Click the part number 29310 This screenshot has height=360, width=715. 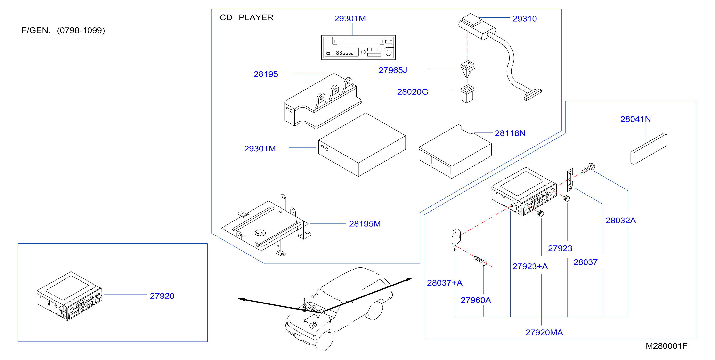click(x=524, y=19)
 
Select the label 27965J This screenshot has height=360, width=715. click(x=393, y=70)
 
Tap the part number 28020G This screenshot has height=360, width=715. click(x=413, y=92)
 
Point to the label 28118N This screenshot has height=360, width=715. click(x=510, y=133)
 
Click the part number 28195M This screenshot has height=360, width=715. click(x=365, y=224)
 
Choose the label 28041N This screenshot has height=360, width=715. click(x=635, y=119)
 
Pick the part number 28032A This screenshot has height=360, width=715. click(x=620, y=220)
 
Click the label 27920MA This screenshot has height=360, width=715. click(x=544, y=332)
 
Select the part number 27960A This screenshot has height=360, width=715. click(x=476, y=300)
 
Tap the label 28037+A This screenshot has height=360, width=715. click(x=445, y=283)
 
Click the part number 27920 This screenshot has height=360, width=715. click(x=162, y=296)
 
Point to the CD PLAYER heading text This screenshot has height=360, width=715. click(x=246, y=17)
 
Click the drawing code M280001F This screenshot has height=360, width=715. click(x=666, y=346)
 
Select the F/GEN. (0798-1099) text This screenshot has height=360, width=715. click(x=63, y=30)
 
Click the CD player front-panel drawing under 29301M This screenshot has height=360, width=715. click(x=358, y=48)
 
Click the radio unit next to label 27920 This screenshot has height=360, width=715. click(x=69, y=296)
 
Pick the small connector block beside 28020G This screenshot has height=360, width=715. click(x=467, y=94)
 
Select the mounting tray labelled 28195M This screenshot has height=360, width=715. click(x=266, y=225)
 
